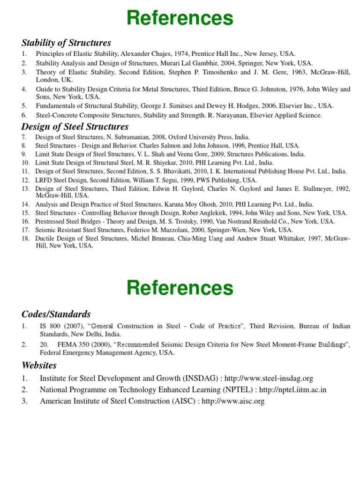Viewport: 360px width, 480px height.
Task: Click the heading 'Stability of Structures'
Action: point(66,43)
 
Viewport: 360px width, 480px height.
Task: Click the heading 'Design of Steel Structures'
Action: point(75,127)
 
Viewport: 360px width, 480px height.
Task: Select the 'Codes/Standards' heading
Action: point(56,314)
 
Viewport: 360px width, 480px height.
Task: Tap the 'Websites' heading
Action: point(39,365)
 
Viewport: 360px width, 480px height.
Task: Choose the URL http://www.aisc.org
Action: point(233,401)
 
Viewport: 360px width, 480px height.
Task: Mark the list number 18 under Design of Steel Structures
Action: point(26,239)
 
